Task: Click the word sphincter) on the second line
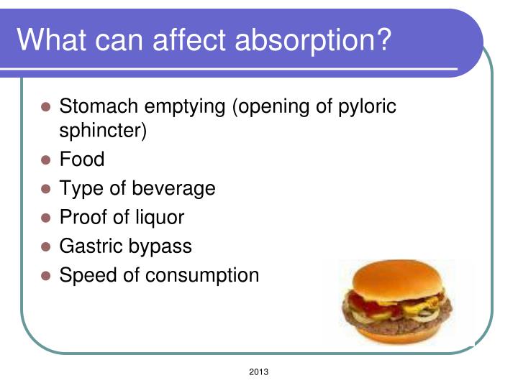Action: pyautogui.click(x=103, y=132)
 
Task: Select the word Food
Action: pyautogui.click(x=81, y=160)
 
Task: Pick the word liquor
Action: pyautogui.click(x=156, y=217)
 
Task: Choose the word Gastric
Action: pyautogui.click(x=90, y=246)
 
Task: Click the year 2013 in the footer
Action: pyautogui.click(x=258, y=371)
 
